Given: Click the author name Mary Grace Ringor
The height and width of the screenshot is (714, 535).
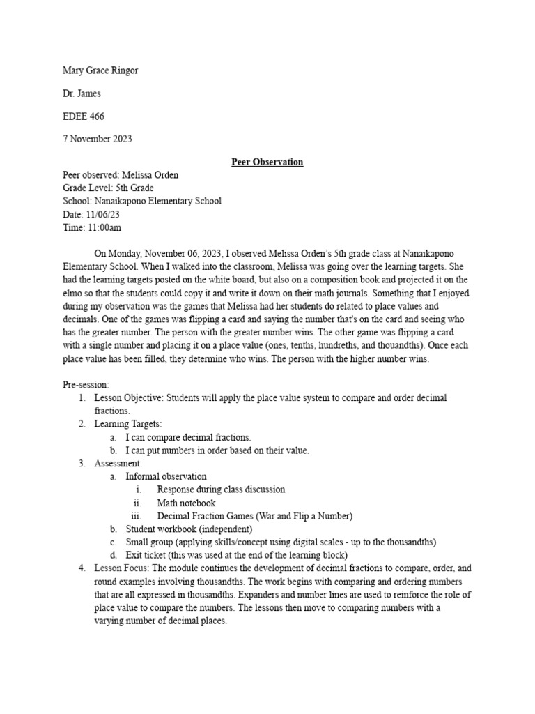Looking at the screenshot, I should (105, 70).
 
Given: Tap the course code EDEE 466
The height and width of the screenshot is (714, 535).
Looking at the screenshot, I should (84, 116).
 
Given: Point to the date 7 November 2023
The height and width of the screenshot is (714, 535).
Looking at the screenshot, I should (98, 139).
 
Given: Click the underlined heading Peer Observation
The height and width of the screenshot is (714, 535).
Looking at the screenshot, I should (267, 162).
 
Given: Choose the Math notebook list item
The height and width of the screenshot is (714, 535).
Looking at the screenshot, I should (186, 503).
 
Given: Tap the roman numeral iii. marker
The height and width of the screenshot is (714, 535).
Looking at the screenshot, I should (137, 516).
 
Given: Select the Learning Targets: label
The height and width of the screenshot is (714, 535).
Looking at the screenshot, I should (127, 424).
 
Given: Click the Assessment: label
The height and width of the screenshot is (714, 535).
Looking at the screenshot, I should (118, 463).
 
